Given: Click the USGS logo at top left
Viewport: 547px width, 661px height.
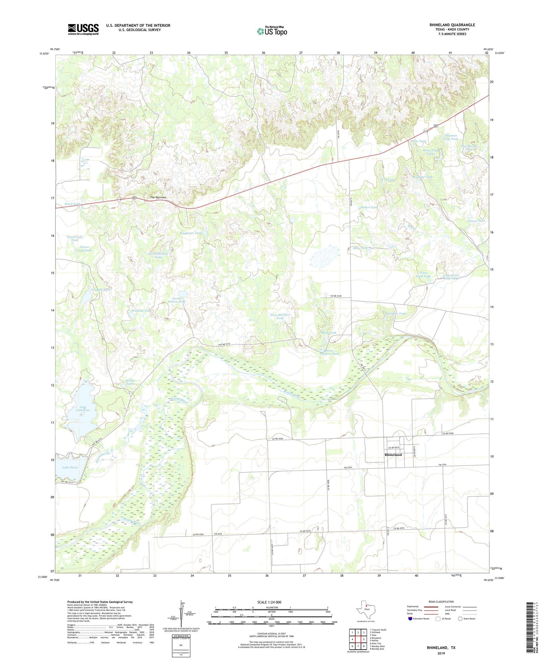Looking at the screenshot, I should [x=83, y=29].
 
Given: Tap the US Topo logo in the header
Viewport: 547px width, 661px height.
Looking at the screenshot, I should [x=272, y=31].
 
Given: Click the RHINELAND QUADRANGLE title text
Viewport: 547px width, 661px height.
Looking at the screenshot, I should [x=452, y=25].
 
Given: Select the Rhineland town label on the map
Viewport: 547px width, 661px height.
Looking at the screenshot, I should [x=393, y=454].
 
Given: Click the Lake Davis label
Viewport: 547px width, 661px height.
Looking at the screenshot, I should [x=70, y=468].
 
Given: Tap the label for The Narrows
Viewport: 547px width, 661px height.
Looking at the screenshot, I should [x=158, y=198].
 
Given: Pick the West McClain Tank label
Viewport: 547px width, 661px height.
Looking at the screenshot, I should [x=280, y=316].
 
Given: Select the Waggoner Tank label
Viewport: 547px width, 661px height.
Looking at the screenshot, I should [x=191, y=233].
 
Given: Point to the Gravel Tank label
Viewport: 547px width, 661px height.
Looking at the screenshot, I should [x=476, y=221].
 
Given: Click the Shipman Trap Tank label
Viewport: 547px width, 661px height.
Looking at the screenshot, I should [x=450, y=137].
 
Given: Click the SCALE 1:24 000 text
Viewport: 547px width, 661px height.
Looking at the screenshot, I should [x=269, y=602].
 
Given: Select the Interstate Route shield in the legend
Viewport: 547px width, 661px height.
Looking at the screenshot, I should [x=411, y=619].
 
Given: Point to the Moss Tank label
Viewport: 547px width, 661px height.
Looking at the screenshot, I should [x=360, y=248].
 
